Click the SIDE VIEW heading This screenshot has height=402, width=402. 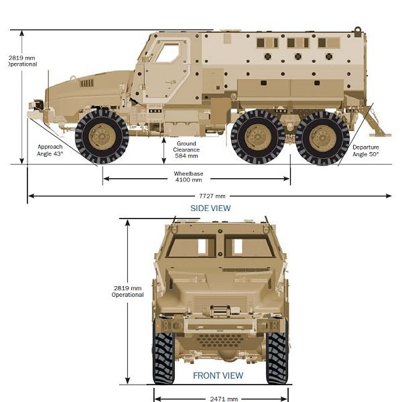[210, 208]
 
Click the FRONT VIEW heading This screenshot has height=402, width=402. [218, 376]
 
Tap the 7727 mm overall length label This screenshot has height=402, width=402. [212, 196]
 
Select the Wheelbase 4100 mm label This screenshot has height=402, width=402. [188, 177]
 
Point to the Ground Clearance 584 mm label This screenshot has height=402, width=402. [186, 149]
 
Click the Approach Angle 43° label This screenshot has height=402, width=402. [50, 150]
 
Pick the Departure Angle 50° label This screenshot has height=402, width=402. [366, 151]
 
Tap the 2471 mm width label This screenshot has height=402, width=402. [224, 399]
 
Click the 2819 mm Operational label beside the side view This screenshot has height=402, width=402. [22, 61]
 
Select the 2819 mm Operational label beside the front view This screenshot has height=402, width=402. [128, 291]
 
